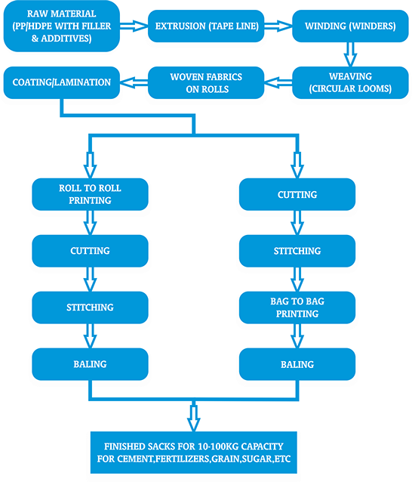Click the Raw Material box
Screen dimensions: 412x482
click(x=61, y=26)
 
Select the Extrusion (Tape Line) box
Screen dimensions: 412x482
click(x=206, y=26)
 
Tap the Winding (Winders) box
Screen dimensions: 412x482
click(x=350, y=26)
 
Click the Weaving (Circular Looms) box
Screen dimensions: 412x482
click(x=350, y=82)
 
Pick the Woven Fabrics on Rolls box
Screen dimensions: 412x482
click(x=206, y=82)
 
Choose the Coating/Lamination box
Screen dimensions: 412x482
click(x=61, y=82)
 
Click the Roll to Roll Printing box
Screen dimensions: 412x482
click(x=90, y=194)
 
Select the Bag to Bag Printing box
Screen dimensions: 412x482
click(x=297, y=307)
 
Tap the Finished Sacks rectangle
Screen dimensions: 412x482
click(x=194, y=453)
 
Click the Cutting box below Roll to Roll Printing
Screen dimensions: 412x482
click(x=90, y=251)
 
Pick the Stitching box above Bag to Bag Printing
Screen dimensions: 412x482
click(x=297, y=251)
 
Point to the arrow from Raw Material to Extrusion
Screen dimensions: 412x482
click(x=134, y=26)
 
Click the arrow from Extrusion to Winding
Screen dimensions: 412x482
click(x=278, y=26)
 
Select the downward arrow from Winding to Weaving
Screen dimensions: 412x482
click(x=350, y=54)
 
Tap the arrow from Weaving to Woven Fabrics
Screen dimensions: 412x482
click(x=278, y=82)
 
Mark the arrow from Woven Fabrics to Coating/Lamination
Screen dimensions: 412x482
click(x=134, y=82)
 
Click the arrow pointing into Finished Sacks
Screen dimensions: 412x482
click(x=194, y=416)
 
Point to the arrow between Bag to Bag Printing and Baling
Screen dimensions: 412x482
click(x=297, y=336)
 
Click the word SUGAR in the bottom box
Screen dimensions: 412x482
click(x=256, y=459)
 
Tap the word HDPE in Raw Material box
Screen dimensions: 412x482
click(x=41, y=26)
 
